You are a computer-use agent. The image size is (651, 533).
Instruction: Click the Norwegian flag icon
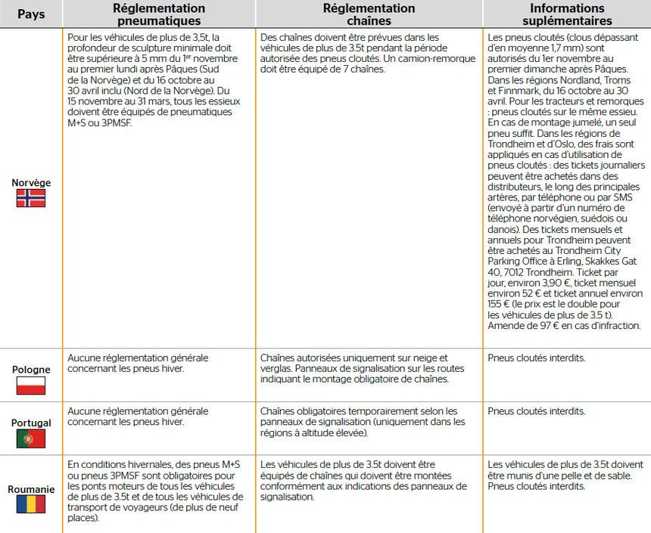(31, 198)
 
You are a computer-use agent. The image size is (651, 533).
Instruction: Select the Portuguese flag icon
(31, 438)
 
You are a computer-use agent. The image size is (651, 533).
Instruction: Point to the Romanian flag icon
(31, 504)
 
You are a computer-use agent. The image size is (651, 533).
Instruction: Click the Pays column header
(31, 14)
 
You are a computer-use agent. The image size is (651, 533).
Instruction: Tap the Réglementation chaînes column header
(369, 14)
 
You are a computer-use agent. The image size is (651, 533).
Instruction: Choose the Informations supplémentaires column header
(566, 14)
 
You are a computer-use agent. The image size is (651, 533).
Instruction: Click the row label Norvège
(31, 183)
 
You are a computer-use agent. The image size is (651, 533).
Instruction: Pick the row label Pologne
(31, 370)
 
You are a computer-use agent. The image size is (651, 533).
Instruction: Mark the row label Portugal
(31, 423)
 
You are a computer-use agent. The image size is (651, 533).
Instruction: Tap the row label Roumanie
(31, 489)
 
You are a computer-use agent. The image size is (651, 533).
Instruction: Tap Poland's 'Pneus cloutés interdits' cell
(537, 358)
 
